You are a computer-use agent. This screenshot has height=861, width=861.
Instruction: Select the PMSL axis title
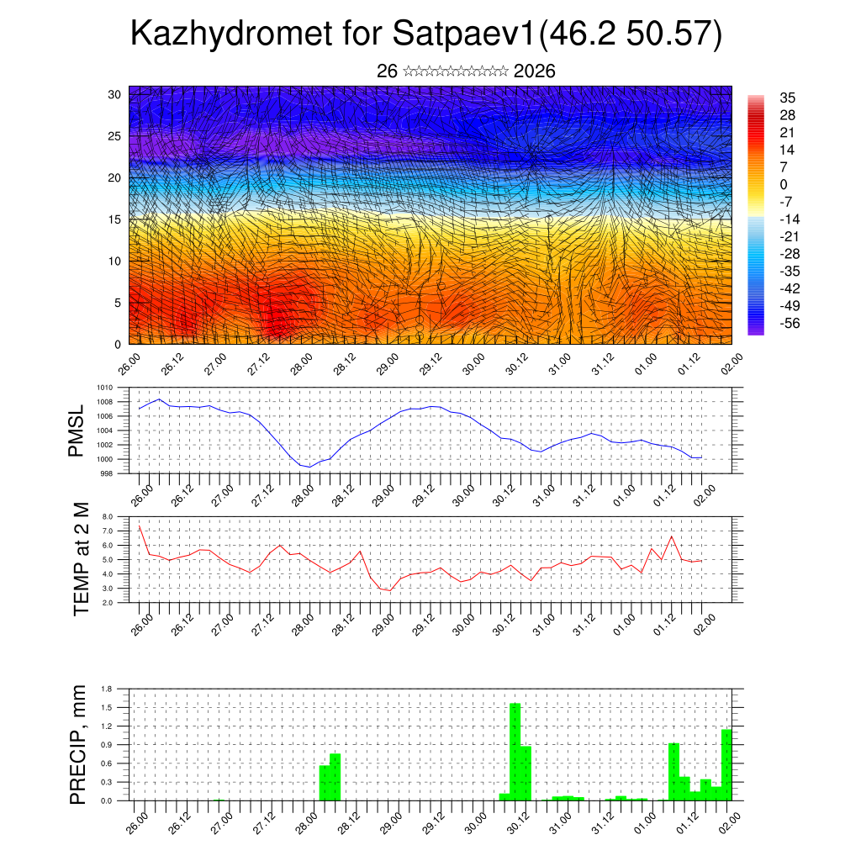coord(77,430)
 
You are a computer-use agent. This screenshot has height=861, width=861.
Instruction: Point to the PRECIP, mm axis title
coord(78,745)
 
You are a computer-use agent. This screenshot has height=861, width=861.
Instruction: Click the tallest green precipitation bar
coord(515,752)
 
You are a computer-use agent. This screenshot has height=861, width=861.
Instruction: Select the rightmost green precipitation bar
coord(726,765)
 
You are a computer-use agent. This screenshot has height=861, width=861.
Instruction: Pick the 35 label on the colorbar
coord(787,98)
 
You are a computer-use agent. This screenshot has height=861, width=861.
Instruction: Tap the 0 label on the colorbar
coord(784,184)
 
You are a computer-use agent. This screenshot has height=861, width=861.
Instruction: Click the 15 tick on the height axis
coord(116,219)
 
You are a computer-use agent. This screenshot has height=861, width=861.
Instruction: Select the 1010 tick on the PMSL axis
coord(104,388)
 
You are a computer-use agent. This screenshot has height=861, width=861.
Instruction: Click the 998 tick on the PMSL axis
coord(106,473)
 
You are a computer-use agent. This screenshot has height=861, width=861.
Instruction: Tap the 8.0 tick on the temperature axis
coord(107,516)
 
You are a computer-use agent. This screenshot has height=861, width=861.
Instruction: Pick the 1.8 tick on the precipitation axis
coord(107,689)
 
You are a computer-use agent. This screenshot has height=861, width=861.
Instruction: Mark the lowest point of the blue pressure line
coord(309,467)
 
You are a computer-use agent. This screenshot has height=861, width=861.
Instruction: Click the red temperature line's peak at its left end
coord(140,526)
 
